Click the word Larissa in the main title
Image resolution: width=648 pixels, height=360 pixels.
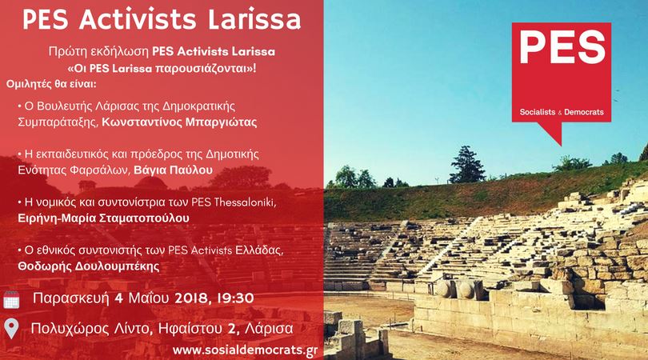click(x=254, y=19)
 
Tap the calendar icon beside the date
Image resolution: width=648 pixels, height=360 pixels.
click(x=11, y=300)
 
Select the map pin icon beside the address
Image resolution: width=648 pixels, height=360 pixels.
click(x=11, y=330)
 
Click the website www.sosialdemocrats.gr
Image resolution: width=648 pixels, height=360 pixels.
click(x=246, y=350)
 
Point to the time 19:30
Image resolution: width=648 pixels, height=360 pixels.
click(x=236, y=298)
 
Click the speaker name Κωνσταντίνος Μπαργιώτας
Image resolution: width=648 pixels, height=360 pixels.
click(x=179, y=122)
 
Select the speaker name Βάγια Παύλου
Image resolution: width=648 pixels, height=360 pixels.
click(x=174, y=170)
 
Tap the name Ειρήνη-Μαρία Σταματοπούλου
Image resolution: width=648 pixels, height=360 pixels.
click(x=103, y=218)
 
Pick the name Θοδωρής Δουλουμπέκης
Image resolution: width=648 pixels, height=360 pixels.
click(x=89, y=266)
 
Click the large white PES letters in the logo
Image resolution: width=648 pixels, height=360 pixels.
click(x=562, y=48)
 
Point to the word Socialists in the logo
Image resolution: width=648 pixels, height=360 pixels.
click(x=538, y=112)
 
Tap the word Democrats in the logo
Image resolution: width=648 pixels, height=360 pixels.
click(x=584, y=112)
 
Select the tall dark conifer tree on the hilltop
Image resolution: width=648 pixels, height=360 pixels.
click(x=466, y=165)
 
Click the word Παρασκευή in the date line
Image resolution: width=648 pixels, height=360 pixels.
click(x=71, y=298)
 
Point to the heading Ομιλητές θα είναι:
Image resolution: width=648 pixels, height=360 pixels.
click(x=51, y=84)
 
